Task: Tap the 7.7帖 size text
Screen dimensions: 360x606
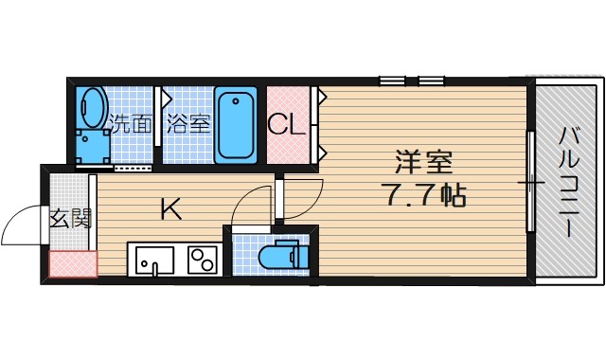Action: [423, 197]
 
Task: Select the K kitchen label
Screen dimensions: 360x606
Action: [170, 209]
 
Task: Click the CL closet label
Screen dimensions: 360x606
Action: [287, 124]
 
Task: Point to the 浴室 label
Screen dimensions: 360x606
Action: [188, 124]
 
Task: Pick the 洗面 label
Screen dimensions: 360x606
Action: [131, 124]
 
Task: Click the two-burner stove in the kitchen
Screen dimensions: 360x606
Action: [202, 260]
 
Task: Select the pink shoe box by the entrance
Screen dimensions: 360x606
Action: [73, 265]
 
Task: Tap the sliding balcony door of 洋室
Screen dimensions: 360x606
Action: [529, 180]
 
